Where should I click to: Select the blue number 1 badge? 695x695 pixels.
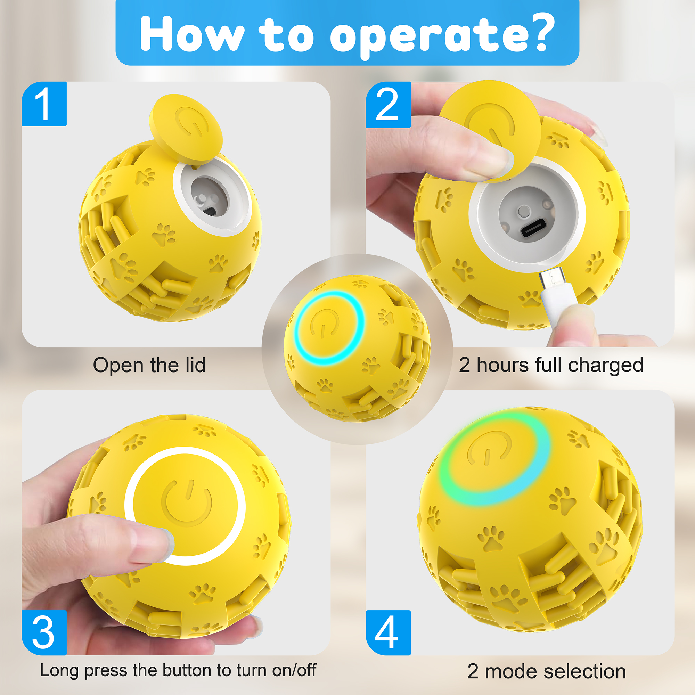pos(44,104)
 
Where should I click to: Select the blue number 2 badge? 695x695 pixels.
pos(388,105)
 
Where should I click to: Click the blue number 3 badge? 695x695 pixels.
pos(44,632)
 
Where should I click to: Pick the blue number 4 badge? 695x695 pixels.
pos(388,632)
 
